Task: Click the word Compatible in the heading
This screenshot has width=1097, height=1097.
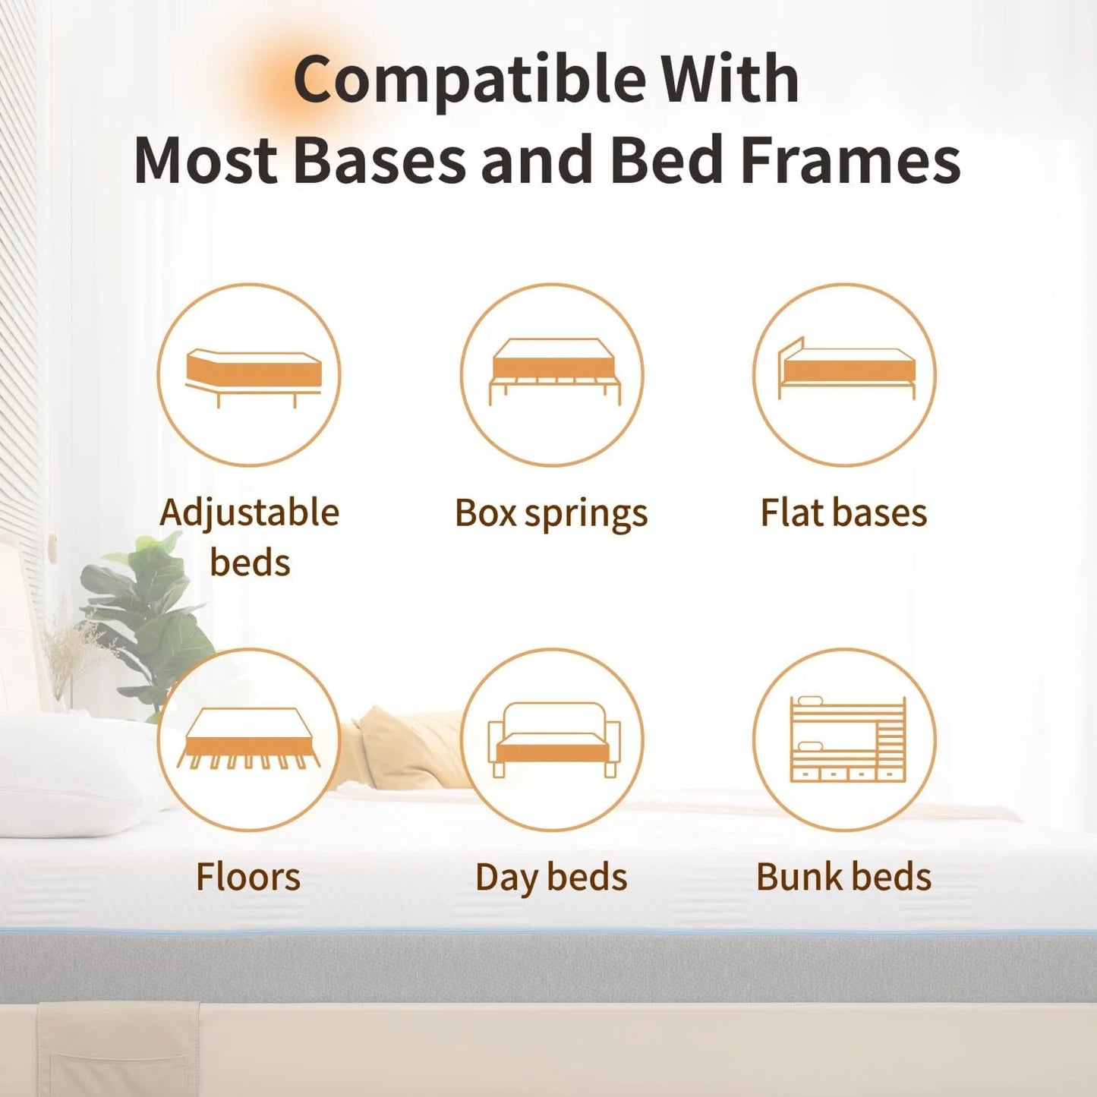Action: (x=468, y=80)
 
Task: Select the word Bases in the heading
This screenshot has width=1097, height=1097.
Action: (x=380, y=160)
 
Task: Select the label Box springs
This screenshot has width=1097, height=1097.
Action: (x=551, y=514)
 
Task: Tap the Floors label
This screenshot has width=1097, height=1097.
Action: (x=248, y=877)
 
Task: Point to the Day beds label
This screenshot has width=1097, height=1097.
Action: (x=551, y=878)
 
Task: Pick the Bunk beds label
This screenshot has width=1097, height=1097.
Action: (x=843, y=877)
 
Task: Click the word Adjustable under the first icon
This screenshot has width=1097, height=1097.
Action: (x=249, y=514)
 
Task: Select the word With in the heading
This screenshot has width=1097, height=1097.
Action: (x=730, y=79)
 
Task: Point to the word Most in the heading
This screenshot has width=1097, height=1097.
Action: (x=206, y=160)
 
